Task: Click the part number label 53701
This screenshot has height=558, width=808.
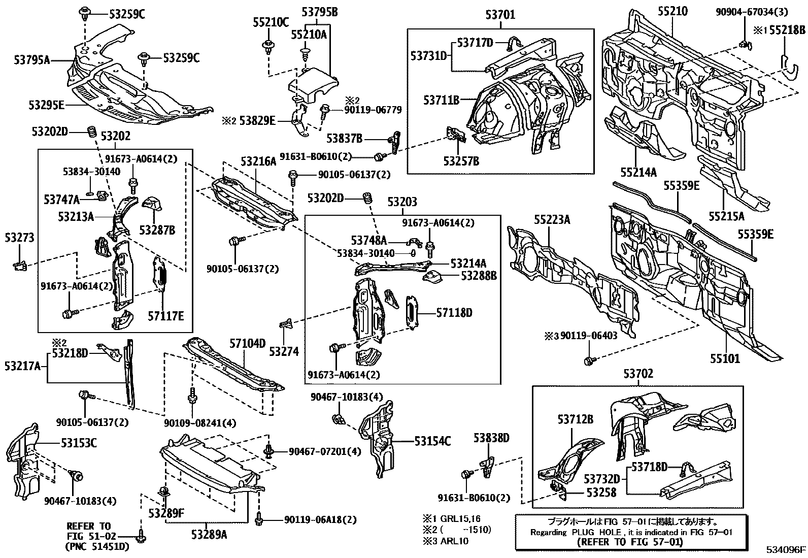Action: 500,15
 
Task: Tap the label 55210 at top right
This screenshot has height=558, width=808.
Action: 672,11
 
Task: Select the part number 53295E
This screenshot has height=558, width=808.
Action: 46,105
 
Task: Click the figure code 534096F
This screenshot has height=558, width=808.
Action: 786,550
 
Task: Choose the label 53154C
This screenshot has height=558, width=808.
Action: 432,441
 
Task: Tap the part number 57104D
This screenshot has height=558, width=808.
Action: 249,343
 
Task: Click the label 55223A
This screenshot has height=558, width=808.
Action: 552,219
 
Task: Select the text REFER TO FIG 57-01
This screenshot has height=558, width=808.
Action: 630,542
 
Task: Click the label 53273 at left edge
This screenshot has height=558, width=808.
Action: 19,237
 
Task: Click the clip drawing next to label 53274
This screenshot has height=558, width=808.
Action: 286,323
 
